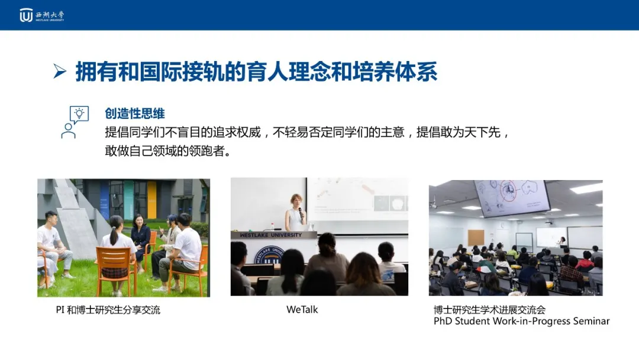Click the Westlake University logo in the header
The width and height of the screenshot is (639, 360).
41,15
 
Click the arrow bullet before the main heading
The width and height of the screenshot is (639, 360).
60,71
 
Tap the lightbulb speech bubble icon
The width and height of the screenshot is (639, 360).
79,114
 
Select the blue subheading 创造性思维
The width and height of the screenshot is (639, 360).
135,113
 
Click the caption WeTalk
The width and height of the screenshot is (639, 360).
302,310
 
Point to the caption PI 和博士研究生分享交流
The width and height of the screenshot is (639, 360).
108,310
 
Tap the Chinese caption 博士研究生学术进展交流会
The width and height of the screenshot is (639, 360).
489,310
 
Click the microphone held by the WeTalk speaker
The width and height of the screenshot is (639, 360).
301,212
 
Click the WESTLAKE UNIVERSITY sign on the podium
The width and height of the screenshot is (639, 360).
270,235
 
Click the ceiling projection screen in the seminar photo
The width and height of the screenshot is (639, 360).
512,197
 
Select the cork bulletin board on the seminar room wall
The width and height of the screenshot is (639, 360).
476,237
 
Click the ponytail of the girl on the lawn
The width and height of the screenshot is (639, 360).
114,235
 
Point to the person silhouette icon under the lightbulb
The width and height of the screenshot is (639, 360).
69,131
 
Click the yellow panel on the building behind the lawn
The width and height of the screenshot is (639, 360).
151,200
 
